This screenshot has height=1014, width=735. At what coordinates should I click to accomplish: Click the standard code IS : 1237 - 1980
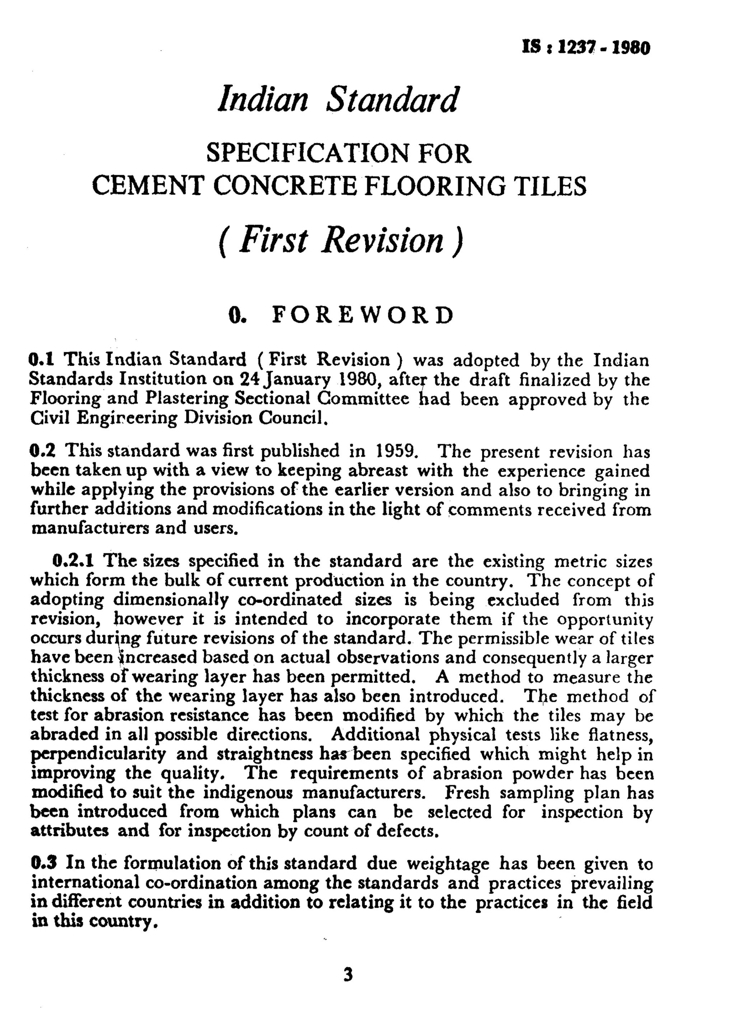(586, 47)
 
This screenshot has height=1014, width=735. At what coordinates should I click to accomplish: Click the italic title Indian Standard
(338, 99)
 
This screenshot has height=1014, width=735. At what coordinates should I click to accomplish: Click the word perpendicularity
(98, 754)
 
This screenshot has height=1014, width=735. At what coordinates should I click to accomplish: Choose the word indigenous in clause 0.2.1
(248, 792)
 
